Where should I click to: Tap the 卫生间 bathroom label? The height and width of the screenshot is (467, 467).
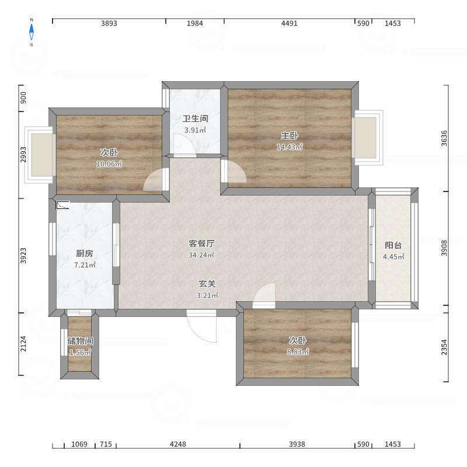pyautogui.click(x=195, y=119)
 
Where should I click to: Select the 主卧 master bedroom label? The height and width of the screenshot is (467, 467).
pyautogui.click(x=290, y=135)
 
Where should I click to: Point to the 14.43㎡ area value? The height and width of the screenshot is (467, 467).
pyautogui.click(x=290, y=147)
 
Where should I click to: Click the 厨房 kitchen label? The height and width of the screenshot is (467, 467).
pyautogui.click(x=85, y=253)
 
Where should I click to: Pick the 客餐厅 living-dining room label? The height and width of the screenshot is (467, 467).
pyautogui.click(x=201, y=243)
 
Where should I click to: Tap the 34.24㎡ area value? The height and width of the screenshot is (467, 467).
pyautogui.click(x=201, y=255)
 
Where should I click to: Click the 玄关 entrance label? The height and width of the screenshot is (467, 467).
pyautogui.click(x=207, y=284)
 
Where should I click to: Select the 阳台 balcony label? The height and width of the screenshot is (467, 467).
pyautogui.click(x=393, y=245)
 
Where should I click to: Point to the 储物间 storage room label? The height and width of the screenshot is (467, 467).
pyautogui.click(x=80, y=341)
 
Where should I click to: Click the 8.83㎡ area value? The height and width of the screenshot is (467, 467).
pyautogui.click(x=298, y=352)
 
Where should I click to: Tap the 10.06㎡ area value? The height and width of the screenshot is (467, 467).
pyautogui.click(x=109, y=164)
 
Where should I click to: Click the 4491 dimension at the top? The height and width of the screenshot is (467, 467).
pyautogui.click(x=289, y=23)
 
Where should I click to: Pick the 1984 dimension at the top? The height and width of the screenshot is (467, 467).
pyautogui.click(x=195, y=23)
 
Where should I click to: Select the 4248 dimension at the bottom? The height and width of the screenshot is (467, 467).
pyautogui.click(x=178, y=444)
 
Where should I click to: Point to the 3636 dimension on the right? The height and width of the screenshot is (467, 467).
pyautogui.click(x=444, y=138)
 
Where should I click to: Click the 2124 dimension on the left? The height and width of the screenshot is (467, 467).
pyautogui.click(x=23, y=344)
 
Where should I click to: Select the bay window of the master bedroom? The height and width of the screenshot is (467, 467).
pyautogui.click(x=368, y=138)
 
